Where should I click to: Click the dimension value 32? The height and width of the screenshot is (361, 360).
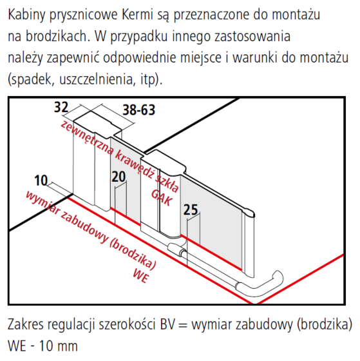(61, 107)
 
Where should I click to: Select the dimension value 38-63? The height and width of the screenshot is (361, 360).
(139, 110)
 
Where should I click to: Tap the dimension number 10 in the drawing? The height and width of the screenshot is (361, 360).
(41, 180)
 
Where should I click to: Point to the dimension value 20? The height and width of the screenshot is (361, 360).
(118, 177)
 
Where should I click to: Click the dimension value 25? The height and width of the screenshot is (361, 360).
(191, 210)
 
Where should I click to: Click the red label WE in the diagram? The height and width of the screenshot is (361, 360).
(140, 275)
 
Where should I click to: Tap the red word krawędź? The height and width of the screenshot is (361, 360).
(134, 164)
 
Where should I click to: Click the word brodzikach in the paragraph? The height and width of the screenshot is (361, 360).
(57, 36)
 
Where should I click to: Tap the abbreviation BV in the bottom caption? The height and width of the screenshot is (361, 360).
(167, 324)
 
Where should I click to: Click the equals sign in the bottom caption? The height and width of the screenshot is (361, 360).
(183, 325)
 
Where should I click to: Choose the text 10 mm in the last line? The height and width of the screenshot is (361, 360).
(59, 346)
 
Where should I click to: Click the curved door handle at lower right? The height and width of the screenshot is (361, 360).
(260, 282)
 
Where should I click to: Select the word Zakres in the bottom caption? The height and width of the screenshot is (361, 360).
(26, 324)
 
